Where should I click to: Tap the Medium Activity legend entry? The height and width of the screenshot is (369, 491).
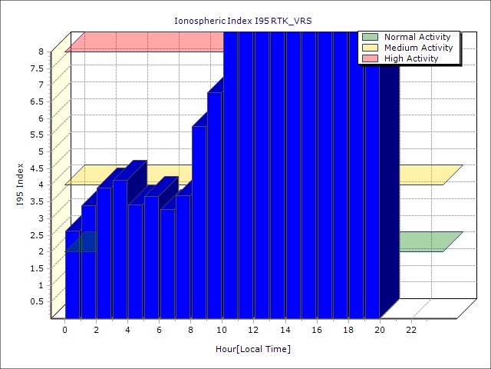[418, 48]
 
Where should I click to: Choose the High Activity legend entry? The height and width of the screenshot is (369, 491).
[411, 58]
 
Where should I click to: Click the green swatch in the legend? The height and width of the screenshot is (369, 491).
[371, 37]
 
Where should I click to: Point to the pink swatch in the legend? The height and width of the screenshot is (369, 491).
[371, 58]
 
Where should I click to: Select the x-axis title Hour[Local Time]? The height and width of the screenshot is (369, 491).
[253, 350]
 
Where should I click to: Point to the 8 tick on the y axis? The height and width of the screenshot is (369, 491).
[41, 52]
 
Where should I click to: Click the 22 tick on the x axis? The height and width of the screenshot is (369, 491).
[411, 330]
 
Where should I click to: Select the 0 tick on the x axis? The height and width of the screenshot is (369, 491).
[65, 330]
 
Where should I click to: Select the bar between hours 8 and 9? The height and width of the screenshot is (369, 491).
[199, 223]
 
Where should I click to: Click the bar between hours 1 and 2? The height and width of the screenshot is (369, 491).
[88, 261]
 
